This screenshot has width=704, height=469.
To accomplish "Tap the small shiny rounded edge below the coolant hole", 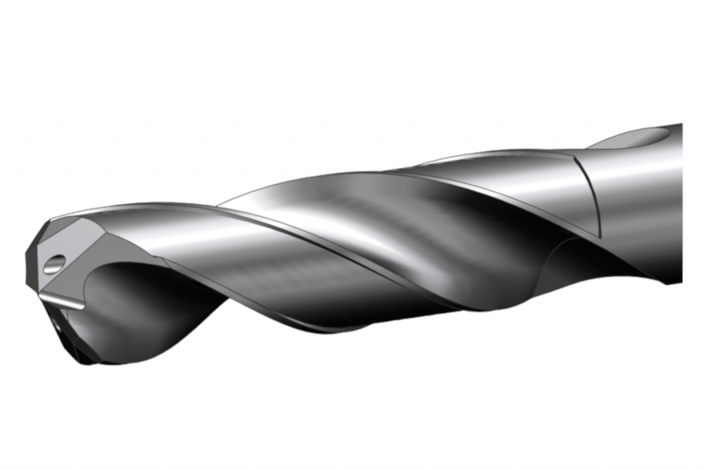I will (x=62, y=300).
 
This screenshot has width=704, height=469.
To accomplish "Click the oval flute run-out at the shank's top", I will (x=636, y=137).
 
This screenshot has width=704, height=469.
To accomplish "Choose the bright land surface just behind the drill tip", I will (x=179, y=233).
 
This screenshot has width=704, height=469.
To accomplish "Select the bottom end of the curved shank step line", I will (x=599, y=237).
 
